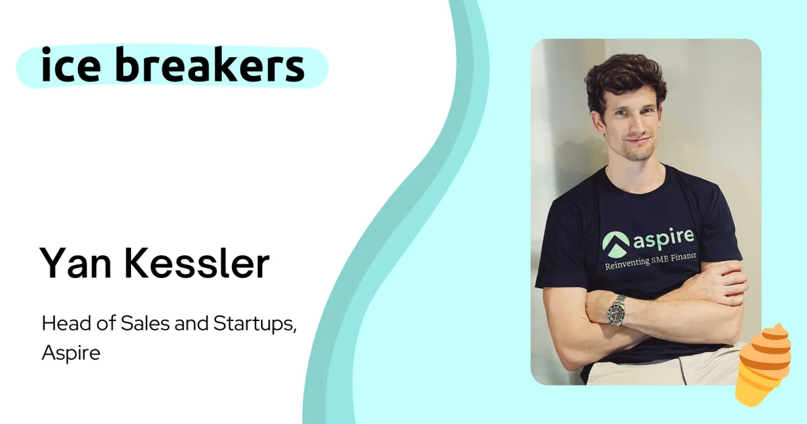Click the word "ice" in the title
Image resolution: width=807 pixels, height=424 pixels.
click(71, 65)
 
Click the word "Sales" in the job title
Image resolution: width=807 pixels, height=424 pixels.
click(145, 323)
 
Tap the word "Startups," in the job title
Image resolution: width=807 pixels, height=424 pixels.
click(255, 324)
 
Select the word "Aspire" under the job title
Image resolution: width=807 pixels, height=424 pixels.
click(71, 352)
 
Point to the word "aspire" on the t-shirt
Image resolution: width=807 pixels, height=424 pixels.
click(663, 239)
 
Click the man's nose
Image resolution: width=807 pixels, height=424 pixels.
click(638, 127)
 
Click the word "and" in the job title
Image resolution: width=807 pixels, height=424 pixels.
click(192, 323)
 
